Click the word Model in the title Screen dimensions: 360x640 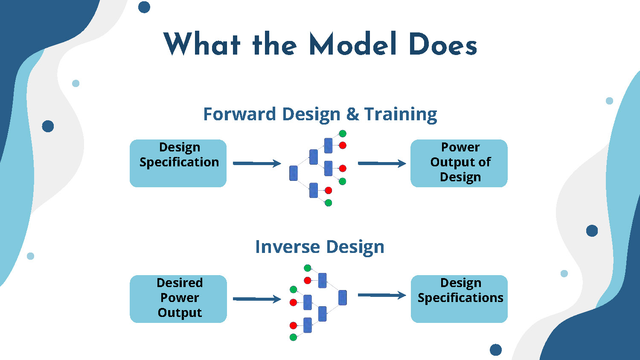pyautogui.click(x=353, y=44)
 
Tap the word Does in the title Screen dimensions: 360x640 pyautogui.click(x=442, y=44)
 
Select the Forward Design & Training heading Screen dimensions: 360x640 pyautogui.click(x=320, y=114)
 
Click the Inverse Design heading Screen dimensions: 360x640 pyautogui.click(x=320, y=247)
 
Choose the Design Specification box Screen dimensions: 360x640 pyautogui.click(x=178, y=163)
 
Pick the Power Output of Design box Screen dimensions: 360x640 pyautogui.click(x=459, y=163)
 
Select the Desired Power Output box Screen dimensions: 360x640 pyautogui.click(x=178, y=299)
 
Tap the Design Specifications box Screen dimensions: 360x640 pyautogui.click(x=459, y=299)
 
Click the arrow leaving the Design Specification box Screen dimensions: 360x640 pyautogui.click(x=256, y=163)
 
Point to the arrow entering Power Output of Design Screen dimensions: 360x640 pyautogui.click(x=381, y=163)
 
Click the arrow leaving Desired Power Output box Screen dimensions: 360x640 pyautogui.click(x=256, y=299)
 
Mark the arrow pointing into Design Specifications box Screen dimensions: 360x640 pyautogui.click(x=381, y=295)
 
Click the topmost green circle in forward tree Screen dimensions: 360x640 pyautogui.click(x=342, y=134)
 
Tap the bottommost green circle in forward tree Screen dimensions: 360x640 pyautogui.click(x=328, y=203)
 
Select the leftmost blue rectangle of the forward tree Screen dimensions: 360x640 pyautogui.click(x=294, y=173)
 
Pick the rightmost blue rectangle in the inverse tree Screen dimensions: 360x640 pyautogui.click(x=342, y=297)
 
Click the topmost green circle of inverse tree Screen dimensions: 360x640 pyautogui.click(x=307, y=268)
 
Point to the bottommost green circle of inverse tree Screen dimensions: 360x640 pyautogui.click(x=293, y=337)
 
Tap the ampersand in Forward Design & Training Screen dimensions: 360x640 pyautogui.click(x=352, y=114)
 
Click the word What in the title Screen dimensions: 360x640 pyautogui.click(x=202, y=44)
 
